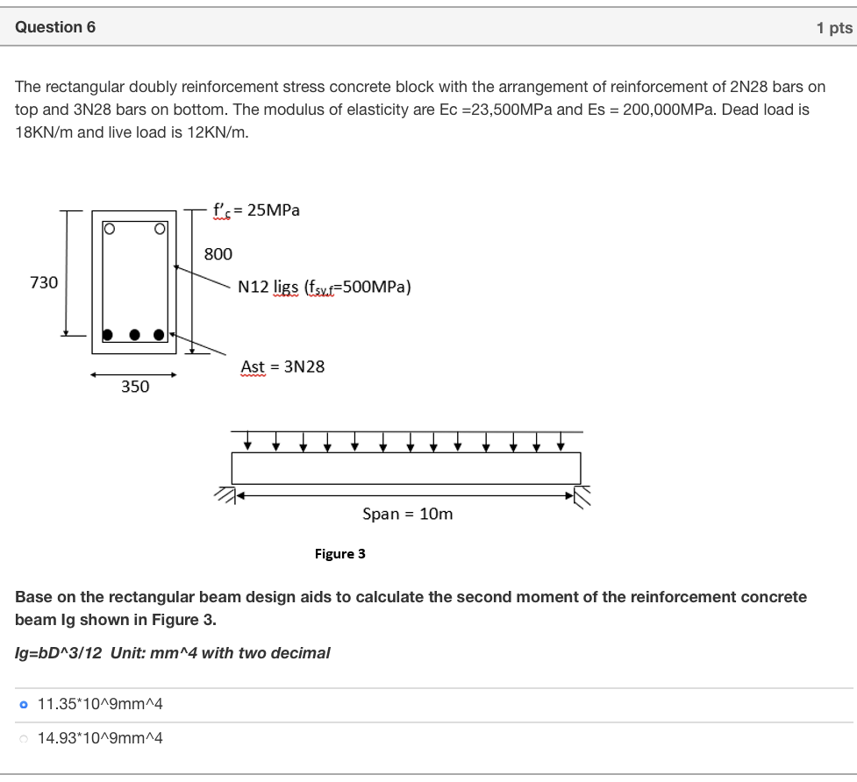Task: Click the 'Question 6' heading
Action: tap(55, 27)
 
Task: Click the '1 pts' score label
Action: tap(833, 28)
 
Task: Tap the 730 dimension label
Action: tap(44, 282)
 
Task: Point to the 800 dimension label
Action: tap(218, 254)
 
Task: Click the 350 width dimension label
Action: tap(135, 387)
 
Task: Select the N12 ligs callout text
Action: tap(325, 288)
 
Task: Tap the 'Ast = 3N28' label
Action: tap(282, 366)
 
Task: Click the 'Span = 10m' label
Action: tap(408, 514)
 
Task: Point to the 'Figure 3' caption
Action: tap(339, 554)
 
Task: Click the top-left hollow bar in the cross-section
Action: tap(109, 230)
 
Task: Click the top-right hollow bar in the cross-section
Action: tap(160, 230)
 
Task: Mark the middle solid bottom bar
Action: tap(134, 334)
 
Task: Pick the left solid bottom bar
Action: tap(108, 334)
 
